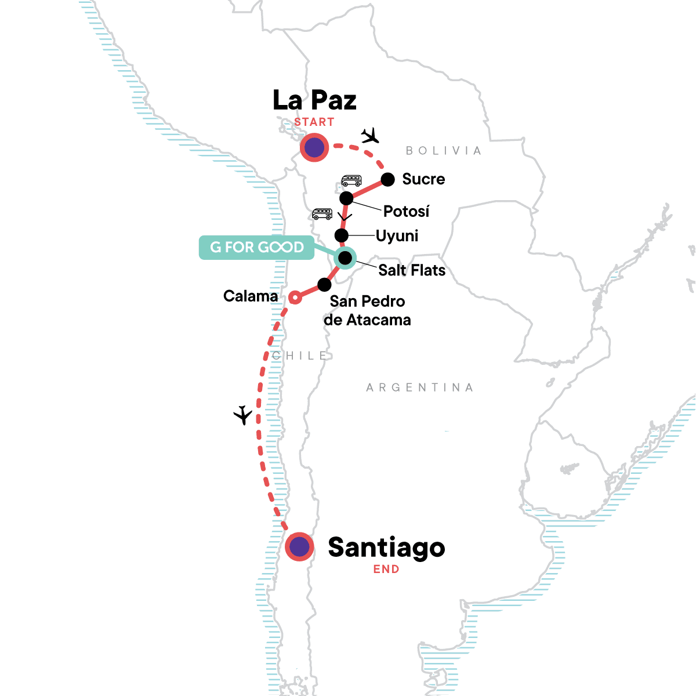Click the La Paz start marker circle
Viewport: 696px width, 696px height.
click(314, 148)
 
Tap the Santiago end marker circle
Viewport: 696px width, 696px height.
click(299, 547)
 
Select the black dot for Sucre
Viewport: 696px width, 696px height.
click(388, 179)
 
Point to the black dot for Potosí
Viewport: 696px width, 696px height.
click(346, 198)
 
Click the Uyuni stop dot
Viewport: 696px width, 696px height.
click(342, 235)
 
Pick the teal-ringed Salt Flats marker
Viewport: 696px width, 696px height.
click(345, 258)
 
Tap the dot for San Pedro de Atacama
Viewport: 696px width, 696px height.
click(324, 285)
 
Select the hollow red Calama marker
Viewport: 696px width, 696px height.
click(295, 298)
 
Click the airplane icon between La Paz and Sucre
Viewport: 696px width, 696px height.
click(370, 136)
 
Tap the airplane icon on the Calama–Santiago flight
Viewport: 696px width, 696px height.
click(243, 415)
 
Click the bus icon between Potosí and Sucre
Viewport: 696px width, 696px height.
click(351, 181)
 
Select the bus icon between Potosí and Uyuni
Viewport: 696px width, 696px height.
click(322, 213)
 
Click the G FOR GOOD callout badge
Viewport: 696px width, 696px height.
click(256, 248)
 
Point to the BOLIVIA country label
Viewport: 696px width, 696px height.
click(444, 151)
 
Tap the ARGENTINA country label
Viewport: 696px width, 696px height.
click(420, 387)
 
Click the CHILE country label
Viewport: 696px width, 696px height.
click(300, 356)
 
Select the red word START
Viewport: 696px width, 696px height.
click(314, 122)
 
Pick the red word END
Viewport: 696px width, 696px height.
click(386, 570)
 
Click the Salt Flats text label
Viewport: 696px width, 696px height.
click(412, 270)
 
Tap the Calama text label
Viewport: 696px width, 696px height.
click(251, 296)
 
